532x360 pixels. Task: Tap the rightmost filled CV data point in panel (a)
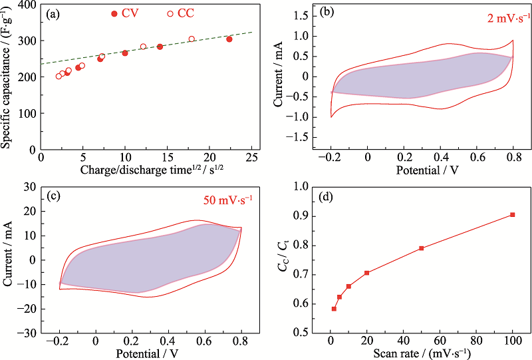click(x=229, y=39)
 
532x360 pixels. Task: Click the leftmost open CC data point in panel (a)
click(x=59, y=77)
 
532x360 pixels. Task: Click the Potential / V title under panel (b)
click(x=422, y=170)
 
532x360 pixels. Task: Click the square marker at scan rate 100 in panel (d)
click(x=512, y=214)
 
